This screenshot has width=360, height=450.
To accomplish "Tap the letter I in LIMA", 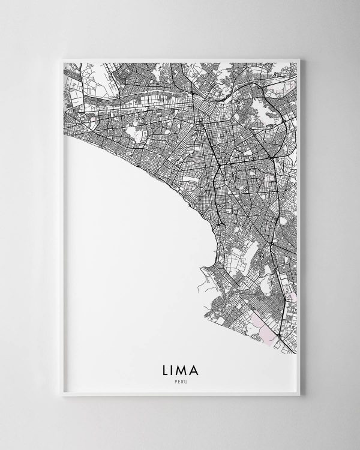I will click(x=172, y=365).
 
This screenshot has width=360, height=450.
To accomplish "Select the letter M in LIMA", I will click(x=183, y=365).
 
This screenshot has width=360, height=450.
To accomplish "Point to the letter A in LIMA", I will click(x=197, y=365).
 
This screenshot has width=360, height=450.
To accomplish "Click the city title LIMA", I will click(x=180, y=365).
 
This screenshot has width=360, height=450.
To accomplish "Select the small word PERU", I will click(x=180, y=377).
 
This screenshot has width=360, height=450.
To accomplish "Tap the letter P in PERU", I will click(x=175, y=377).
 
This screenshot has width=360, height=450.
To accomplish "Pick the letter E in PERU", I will click(x=178, y=377).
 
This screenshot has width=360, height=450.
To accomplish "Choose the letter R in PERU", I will click(x=182, y=377).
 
